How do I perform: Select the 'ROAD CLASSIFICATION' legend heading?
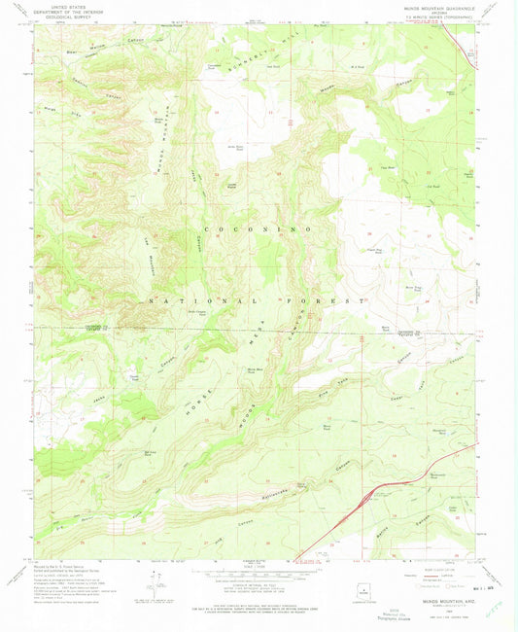click(434, 567)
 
